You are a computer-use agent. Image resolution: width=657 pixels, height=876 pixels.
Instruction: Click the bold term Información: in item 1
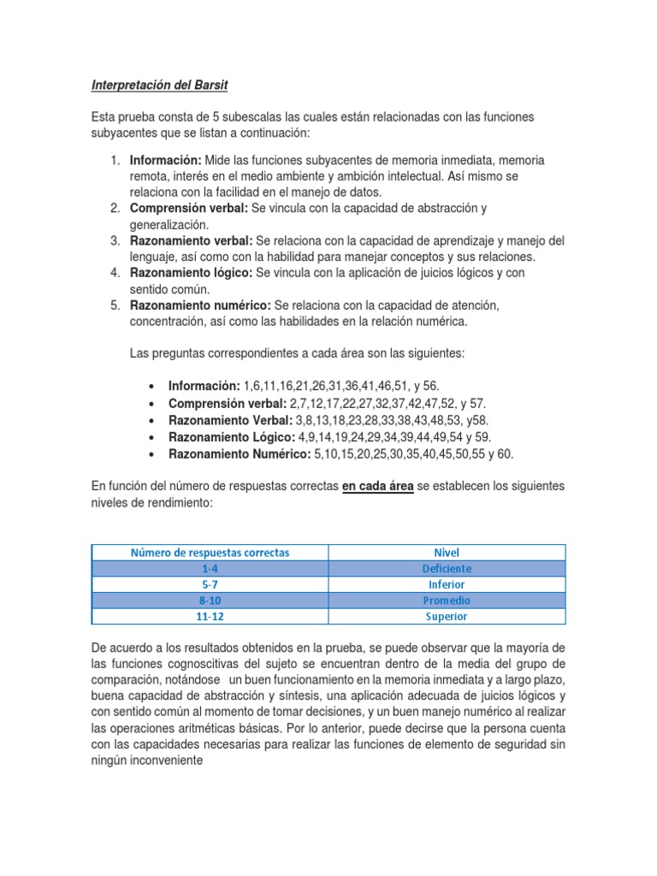coord(165,161)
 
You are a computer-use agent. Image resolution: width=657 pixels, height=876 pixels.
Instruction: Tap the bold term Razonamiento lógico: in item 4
coord(191,273)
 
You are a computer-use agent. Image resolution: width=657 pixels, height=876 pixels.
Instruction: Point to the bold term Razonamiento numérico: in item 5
coord(200,305)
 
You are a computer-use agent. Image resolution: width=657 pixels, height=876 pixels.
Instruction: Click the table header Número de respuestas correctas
coord(210,553)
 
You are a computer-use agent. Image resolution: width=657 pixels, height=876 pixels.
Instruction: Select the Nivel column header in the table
coord(447,553)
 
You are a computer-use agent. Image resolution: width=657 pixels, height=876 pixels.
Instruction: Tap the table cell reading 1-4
coord(210,569)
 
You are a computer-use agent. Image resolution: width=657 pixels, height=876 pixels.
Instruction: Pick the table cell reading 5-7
coord(210,584)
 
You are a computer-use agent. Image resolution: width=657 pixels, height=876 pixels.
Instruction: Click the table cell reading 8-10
coord(210,601)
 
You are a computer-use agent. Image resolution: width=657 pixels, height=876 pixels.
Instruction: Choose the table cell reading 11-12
coord(210,616)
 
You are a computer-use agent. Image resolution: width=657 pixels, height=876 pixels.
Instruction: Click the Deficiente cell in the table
coord(447,569)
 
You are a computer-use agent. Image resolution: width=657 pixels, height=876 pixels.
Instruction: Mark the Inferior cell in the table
coord(447,584)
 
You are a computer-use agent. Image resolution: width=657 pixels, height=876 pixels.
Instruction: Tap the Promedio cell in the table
coord(447,601)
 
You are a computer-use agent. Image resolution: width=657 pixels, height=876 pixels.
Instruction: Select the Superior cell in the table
coord(447,616)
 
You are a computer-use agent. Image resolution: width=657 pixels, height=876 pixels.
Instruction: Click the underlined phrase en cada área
coord(378,486)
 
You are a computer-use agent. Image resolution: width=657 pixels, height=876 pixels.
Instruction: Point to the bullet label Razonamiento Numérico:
coord(240,453)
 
